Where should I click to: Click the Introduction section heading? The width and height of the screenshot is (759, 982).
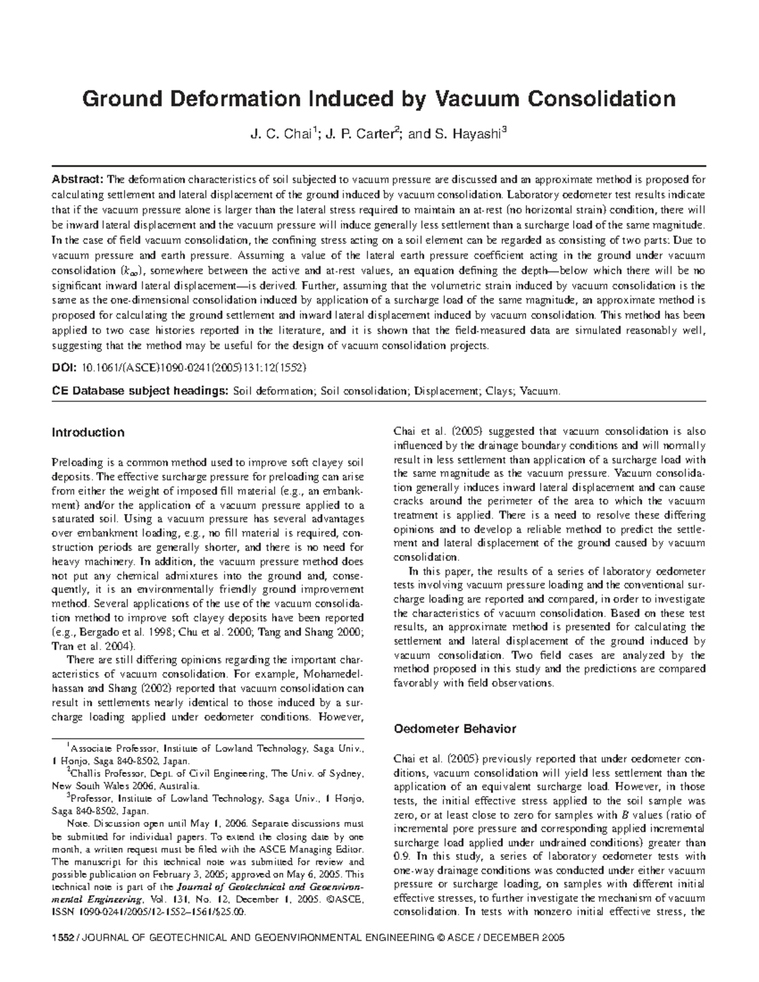(x=88, y=433)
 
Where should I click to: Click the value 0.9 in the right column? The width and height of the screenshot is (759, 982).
(x=401, y=856)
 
